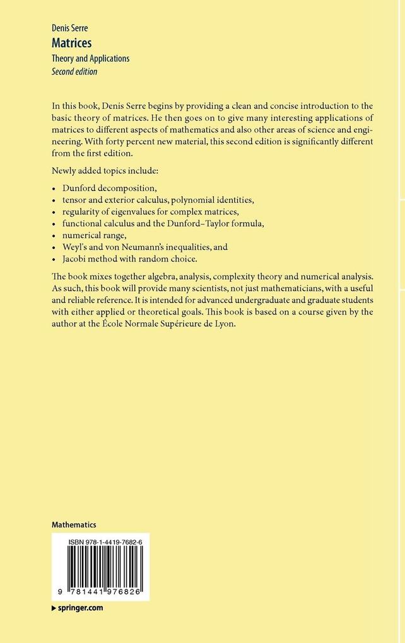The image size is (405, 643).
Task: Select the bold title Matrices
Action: coord(71,43)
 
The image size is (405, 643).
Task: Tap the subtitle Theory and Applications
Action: coord(90,59)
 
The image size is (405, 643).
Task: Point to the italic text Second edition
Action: coord(74,71)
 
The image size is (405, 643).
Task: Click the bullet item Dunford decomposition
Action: coord(109,188)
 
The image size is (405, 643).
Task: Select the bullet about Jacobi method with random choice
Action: coord(129,259)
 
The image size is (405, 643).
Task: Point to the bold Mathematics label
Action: coord(74,524)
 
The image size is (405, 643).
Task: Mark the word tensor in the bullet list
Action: coord(75,200)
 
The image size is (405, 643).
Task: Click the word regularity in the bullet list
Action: coord(82,212)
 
